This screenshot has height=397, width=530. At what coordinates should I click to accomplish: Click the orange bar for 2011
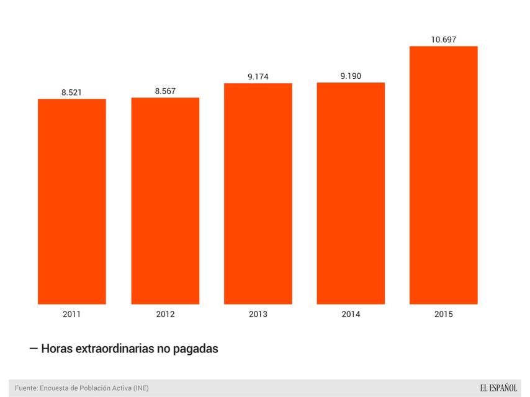point(72,202)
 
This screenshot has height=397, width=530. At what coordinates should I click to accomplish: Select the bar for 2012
point(165,201)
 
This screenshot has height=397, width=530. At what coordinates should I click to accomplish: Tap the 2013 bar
point(258,194)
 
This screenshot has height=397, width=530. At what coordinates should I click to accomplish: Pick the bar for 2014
point(351,193)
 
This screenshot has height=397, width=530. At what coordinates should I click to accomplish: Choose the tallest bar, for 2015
point(444,175)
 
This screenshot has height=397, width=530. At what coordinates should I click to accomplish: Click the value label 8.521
point(71,92)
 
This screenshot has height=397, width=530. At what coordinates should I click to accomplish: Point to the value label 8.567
point(165,91)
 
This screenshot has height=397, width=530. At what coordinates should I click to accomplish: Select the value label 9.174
point(258,77)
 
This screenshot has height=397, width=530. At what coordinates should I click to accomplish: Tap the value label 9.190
point(351,76)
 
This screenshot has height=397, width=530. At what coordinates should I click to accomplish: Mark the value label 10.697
point(444,40)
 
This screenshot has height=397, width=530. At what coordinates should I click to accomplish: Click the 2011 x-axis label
point(71,314)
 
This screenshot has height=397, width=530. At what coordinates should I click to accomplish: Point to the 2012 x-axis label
point(165,314)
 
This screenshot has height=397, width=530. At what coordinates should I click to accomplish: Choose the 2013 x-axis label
point(258,314)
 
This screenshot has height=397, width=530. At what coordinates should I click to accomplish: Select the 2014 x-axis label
point(351,314)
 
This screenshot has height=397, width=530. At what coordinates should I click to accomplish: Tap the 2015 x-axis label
point(444,314)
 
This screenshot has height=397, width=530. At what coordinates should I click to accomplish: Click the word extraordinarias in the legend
point(115,349)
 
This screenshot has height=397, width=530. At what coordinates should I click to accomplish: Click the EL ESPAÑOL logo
point(498,388)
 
